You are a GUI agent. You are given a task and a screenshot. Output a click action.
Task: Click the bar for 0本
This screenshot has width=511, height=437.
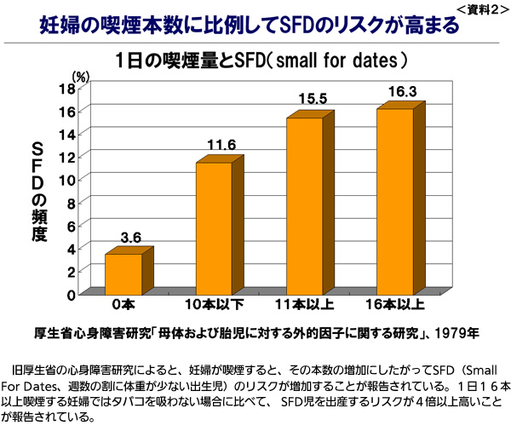[123, 273]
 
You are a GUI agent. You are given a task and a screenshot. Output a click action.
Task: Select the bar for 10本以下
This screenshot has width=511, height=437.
[214, 227]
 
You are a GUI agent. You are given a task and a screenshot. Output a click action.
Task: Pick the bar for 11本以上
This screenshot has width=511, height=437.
[303, 205]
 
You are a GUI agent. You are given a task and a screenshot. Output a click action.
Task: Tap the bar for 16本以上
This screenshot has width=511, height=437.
[394, 201]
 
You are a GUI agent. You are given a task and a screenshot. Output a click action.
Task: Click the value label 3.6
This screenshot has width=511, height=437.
[130, 237]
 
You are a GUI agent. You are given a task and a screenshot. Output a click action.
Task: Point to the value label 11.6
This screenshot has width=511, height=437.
[221, 145]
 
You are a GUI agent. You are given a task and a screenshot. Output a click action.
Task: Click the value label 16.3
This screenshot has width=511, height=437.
[402, 90]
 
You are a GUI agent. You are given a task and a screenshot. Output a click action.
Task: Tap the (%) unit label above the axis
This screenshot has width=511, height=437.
[81, 76]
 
